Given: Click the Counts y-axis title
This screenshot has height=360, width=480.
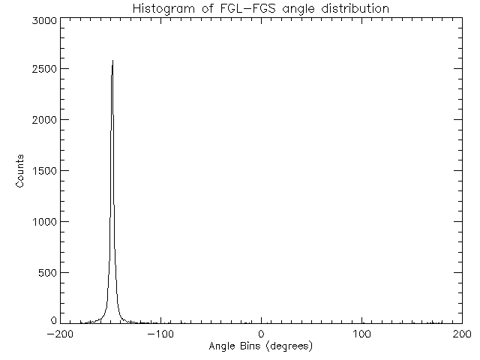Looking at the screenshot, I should click(x=21, y=171).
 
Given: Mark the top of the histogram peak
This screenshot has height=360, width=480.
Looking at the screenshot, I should click(x=112, y=61).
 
